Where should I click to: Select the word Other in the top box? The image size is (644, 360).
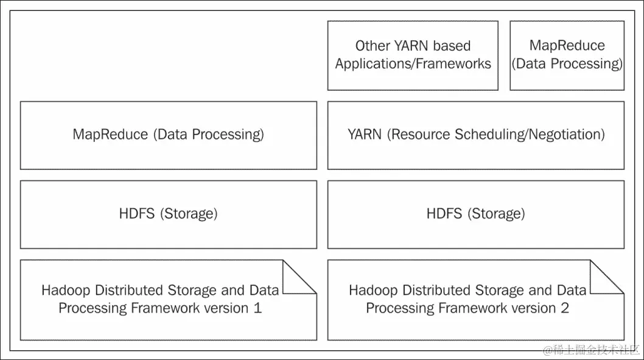point(372,46)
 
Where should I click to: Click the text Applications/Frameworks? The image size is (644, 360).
point(413,64)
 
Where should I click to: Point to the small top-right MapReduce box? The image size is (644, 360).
point(567,55)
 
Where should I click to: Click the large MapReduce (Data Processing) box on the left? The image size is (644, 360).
point(168,135)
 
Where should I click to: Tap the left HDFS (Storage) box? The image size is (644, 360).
point(168,214)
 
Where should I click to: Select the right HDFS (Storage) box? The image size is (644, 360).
point(475,214)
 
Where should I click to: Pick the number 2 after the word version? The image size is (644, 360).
point(565,308)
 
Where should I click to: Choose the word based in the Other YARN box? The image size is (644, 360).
point(452,46)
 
